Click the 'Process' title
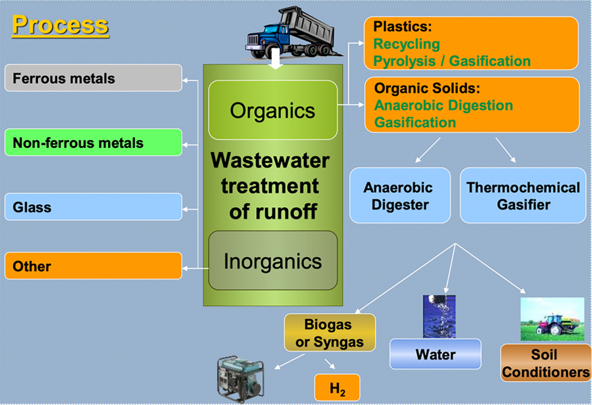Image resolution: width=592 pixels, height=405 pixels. coord(60,25)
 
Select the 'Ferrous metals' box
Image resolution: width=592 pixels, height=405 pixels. coord(93,78)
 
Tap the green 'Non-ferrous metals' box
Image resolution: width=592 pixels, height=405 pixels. coord(93,142)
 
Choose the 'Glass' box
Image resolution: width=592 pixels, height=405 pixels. coord(93,207)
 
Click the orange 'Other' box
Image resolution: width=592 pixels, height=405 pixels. coord(93,266)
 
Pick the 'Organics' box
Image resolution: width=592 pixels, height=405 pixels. coord(272,110)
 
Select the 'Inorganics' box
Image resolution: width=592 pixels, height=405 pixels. coord(272,261)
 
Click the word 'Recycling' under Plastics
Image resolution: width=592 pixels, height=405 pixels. coord(407,44)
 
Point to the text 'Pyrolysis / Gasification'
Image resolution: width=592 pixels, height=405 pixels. coord(452,61)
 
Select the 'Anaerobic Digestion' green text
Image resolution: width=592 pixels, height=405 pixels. coord(444,105)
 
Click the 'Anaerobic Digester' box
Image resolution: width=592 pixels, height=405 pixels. coord(400,196)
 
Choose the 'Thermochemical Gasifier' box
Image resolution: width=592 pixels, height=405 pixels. coord(523,196)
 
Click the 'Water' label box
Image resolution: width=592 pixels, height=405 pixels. coord(435,354)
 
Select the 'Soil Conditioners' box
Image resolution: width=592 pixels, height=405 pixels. coord(545,363)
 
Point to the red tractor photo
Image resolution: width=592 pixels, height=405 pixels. coord(552,319)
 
